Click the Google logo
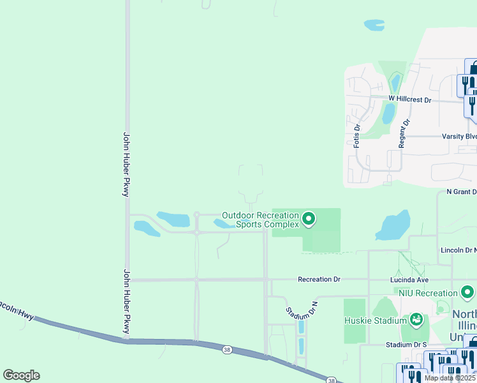[x=21, y=375]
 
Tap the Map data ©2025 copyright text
[x=450, y=378]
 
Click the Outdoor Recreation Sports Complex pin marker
[x=309, y=220]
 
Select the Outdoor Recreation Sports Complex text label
[x=260, y=220]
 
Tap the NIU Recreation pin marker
[x=468, y=293]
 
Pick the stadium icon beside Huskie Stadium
[x=416, y=319]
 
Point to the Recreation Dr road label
[x=319, y=280]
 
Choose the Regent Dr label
[x=402, y=133]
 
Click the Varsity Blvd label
[x=459, y=137]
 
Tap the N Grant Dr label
[x=461, y=191]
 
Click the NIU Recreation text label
[x=428, y=292]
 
